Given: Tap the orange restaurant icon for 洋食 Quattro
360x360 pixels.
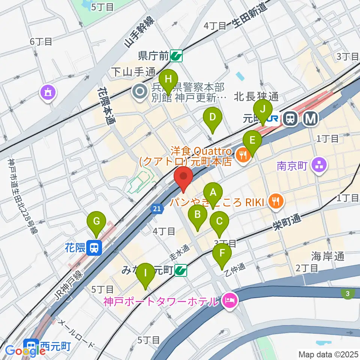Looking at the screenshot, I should (x=243, y=154).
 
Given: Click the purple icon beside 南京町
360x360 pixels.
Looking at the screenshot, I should (x=319, y=165).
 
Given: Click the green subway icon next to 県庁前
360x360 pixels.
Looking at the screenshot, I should (x=175, y=56).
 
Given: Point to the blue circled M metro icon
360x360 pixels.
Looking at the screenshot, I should (x=311, y=119).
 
